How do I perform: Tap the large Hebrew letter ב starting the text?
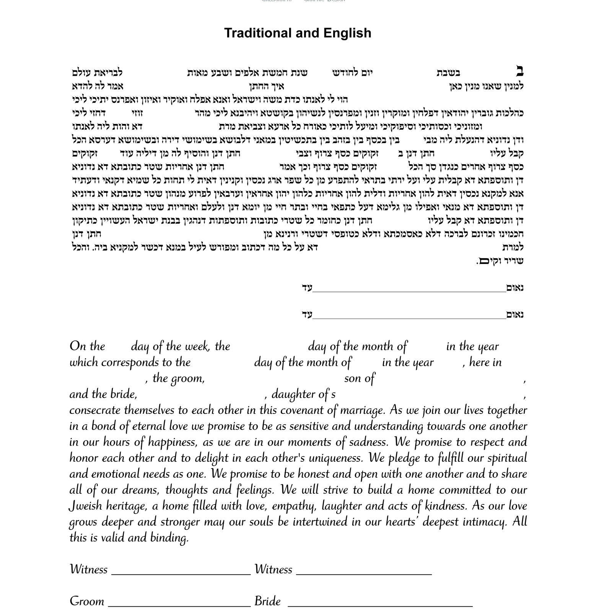click(519, 72)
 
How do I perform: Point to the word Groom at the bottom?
click(87, 601)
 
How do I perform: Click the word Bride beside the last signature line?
click(268, 601)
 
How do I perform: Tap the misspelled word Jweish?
click(86, 506)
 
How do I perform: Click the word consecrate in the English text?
click(95, 410)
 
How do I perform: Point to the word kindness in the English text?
click(446, 506)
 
